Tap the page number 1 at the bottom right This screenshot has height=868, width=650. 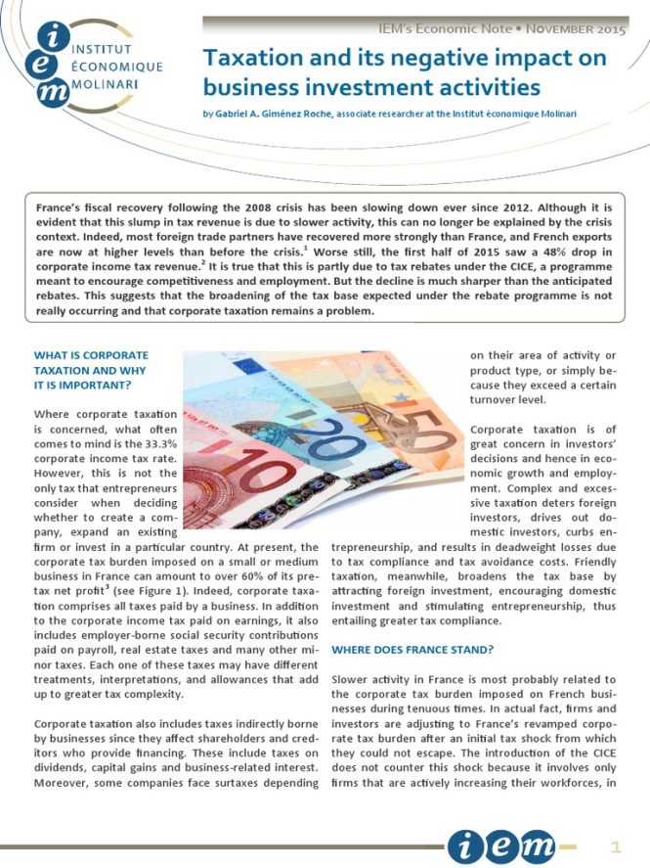(616, 845)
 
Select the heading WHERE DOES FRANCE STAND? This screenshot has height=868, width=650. (412, 649)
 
